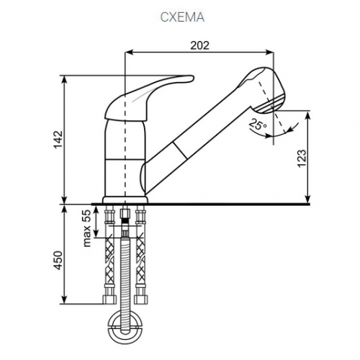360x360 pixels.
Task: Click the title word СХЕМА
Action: [182, 17]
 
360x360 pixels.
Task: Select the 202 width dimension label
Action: [199, 45]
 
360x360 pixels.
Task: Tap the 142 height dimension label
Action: [58, 140]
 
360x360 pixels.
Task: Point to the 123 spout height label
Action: [302, 158]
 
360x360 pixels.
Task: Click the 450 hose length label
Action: [58, 261]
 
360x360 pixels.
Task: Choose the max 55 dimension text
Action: [87, 228]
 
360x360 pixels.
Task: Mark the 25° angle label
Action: [258, 125]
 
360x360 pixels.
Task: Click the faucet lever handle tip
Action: [192, 78]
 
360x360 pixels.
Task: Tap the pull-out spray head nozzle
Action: [270, 103]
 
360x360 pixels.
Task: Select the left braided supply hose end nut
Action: [109, 300]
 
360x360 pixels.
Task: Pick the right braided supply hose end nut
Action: [140, 300]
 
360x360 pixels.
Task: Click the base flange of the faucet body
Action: [125, 200]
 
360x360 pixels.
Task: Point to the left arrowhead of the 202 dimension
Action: [129, 53]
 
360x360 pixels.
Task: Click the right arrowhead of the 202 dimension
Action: [270, 53]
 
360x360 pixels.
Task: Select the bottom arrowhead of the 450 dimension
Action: [64, 300]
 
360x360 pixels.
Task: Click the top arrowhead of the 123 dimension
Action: [307, 115]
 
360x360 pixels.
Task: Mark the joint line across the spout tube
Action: [180, 150]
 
